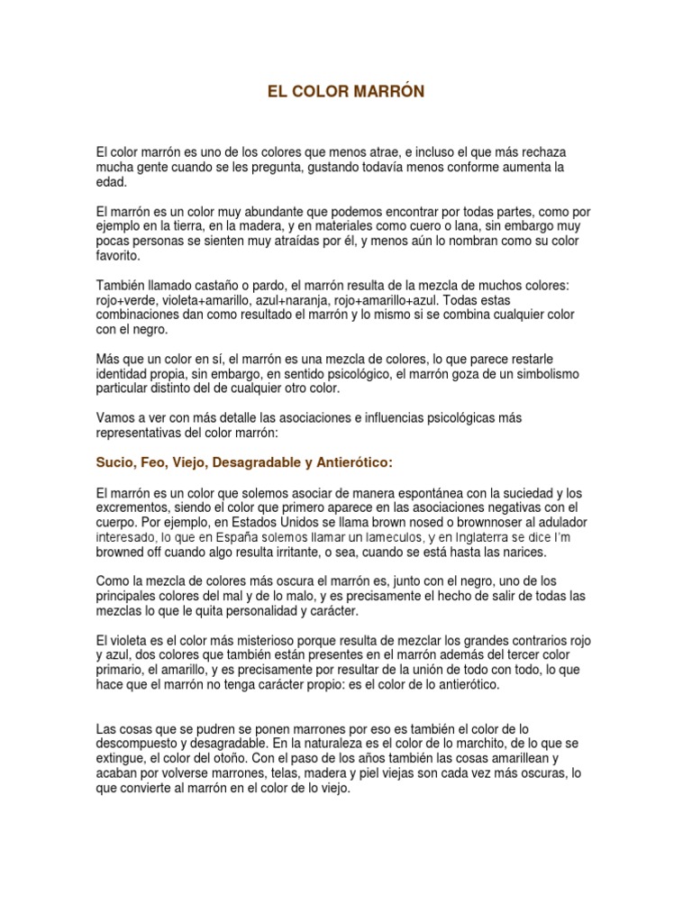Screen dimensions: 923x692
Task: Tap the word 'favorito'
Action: point(118,256)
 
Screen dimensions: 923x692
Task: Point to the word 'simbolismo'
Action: point(562,373)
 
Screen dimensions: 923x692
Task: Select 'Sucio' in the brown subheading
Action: point(115,462)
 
